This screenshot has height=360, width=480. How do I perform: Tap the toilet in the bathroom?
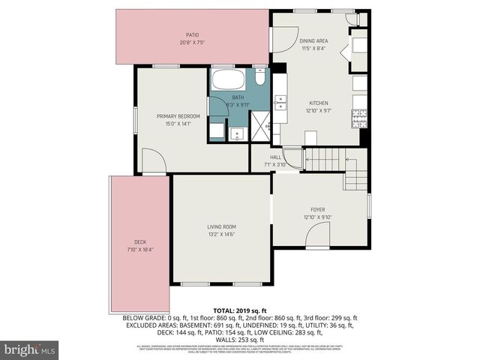259,77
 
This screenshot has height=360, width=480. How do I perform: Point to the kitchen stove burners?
358,118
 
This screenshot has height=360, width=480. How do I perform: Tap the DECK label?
139,241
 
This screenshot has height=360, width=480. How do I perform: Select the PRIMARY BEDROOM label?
178,116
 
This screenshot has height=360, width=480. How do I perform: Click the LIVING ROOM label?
221,226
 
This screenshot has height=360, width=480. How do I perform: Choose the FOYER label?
318,209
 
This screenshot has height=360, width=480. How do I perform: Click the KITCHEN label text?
319,103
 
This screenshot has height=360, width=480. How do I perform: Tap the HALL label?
275,157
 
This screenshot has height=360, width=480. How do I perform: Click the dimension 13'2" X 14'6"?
221,235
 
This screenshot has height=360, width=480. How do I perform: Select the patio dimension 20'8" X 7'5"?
192,43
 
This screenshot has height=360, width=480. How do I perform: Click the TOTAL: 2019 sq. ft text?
239,310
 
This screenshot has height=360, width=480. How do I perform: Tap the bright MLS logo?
29,349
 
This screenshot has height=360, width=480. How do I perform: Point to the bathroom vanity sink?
237,133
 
